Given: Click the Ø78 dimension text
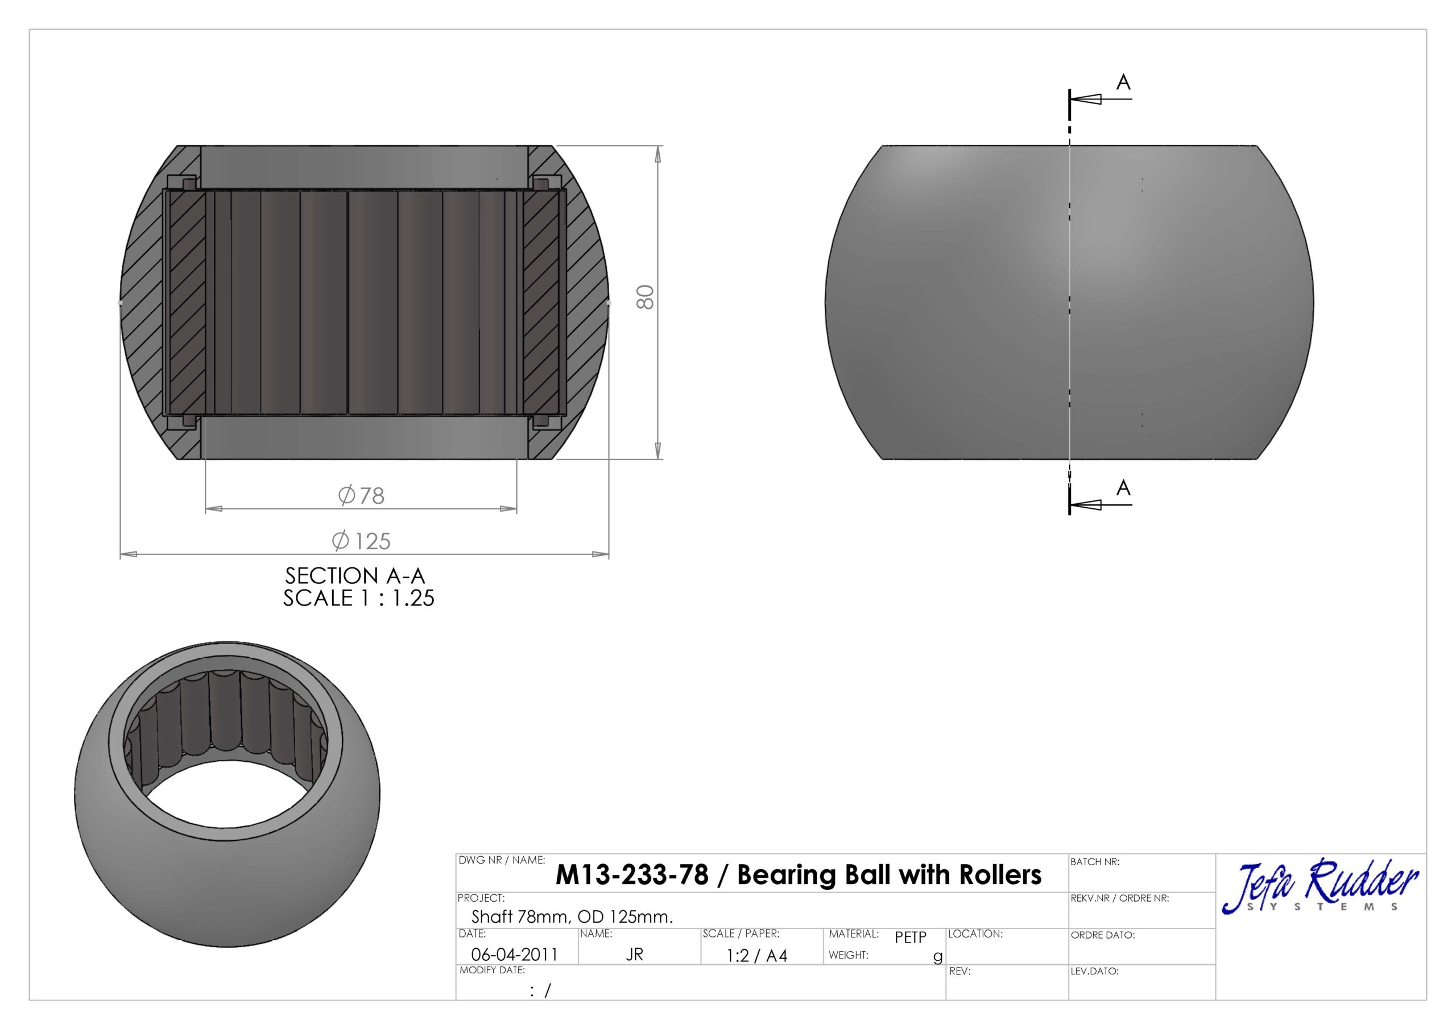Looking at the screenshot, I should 362,495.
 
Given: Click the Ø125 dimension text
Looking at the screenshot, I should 362,541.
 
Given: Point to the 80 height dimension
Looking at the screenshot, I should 645,297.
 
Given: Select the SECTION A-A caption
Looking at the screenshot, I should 354,576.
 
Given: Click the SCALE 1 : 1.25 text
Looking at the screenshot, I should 358,598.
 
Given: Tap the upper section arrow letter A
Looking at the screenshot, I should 1123,82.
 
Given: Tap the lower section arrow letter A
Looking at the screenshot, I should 1123,488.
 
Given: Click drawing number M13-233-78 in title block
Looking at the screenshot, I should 632,875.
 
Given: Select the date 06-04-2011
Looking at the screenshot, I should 514,954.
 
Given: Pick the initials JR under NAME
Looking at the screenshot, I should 634,954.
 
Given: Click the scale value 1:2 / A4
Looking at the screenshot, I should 756,956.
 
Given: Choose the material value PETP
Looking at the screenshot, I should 910,937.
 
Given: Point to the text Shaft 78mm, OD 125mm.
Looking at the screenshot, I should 572,917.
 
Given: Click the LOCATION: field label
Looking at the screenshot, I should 975,934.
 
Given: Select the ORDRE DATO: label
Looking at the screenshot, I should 1103,935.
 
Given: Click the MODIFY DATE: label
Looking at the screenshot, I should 492,970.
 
